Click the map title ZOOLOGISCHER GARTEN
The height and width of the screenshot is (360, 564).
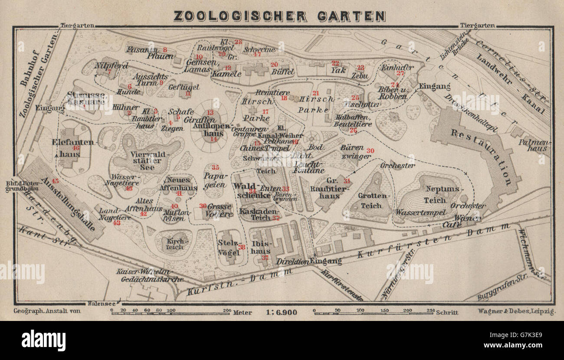[x=279, y=16]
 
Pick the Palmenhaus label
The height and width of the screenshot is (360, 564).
[x=538, y=145]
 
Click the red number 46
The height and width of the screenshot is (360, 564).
[x=76, y=148]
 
